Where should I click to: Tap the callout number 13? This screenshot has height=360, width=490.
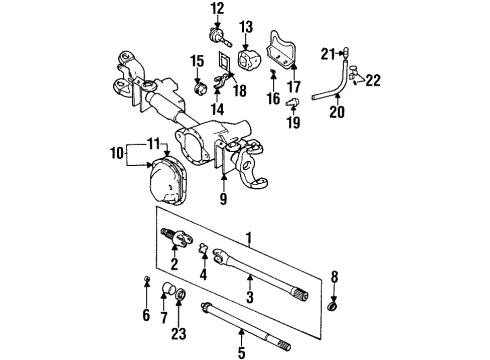pyautogui.click(x=248, y=25)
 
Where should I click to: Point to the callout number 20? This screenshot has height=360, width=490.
pyautogui.click(x=336, y=112)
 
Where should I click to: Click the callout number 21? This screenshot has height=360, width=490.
pyautogui.click(x=328, y=53)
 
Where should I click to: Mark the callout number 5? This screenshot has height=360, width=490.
pyautogui.click(x=240, y=351)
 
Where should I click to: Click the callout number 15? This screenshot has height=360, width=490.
pyautogui.click(x=198, y=62)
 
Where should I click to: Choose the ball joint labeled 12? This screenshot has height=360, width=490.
pyautogui.click(x=218, y=35)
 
